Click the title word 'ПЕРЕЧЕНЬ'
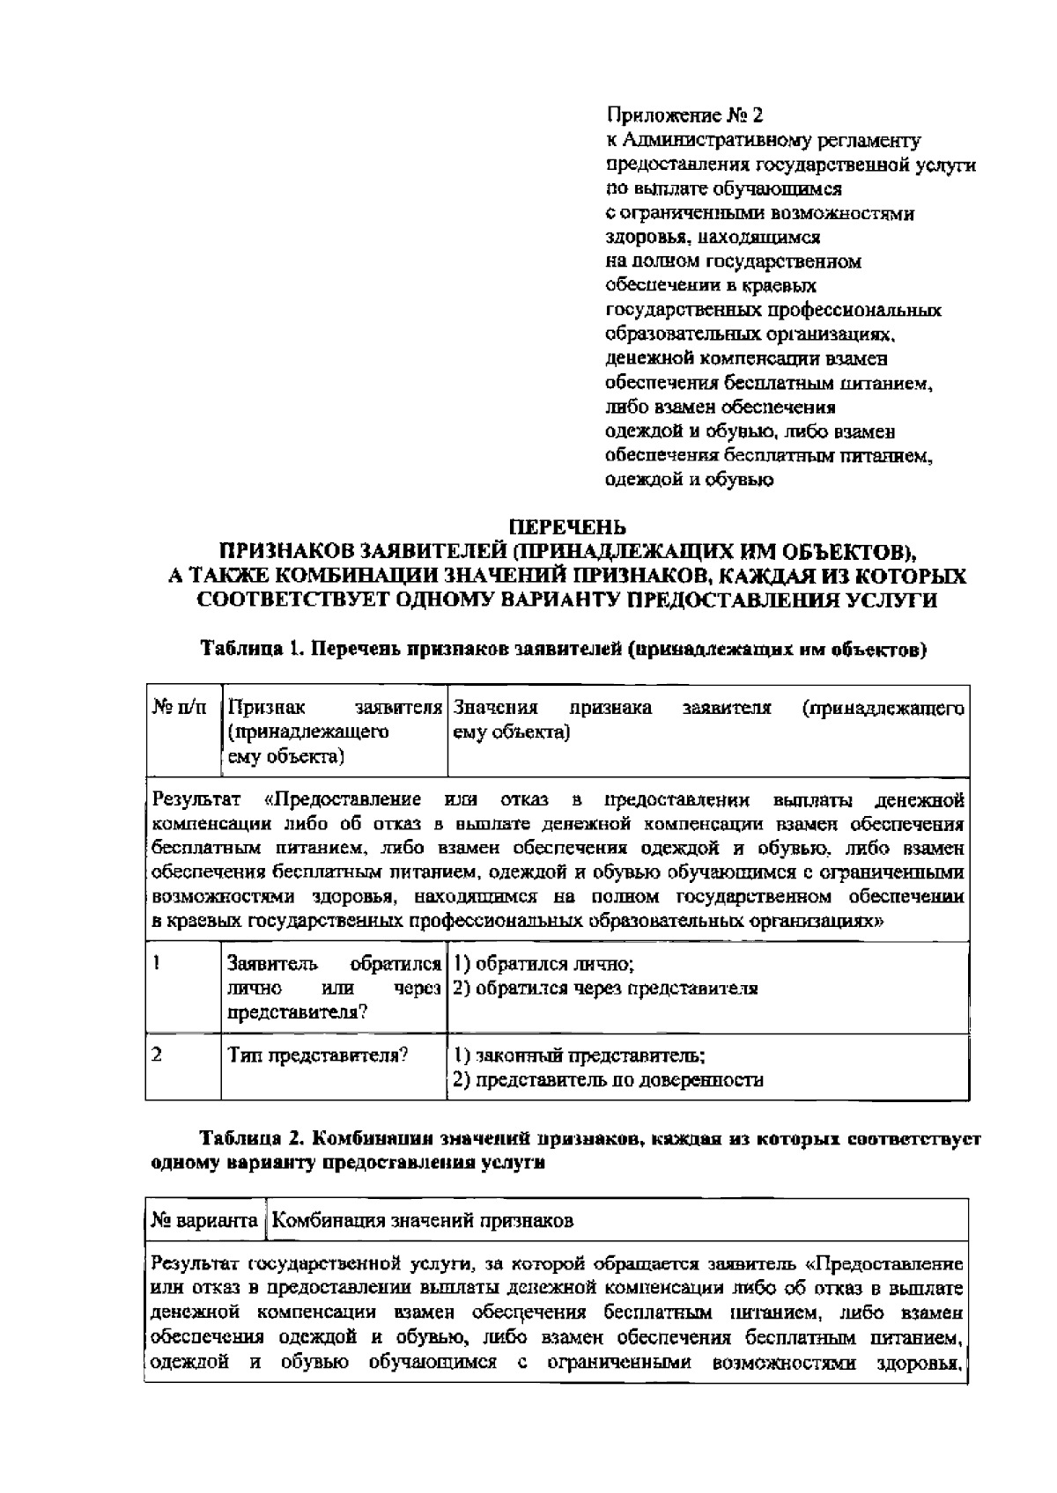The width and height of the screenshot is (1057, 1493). point(569,527)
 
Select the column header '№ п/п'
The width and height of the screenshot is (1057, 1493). point(181,709)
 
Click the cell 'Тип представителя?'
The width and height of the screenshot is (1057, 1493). point(318,1055)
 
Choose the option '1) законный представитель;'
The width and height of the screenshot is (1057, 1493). point(579,1055)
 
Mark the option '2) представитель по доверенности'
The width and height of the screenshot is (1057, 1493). point(608,1079)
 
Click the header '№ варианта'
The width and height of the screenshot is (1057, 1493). point(204,1221)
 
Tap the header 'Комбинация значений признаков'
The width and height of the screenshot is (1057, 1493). point(422,1221)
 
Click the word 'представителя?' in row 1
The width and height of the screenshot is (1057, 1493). point(297,1012)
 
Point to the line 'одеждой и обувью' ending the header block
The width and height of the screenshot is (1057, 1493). point(690,480)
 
